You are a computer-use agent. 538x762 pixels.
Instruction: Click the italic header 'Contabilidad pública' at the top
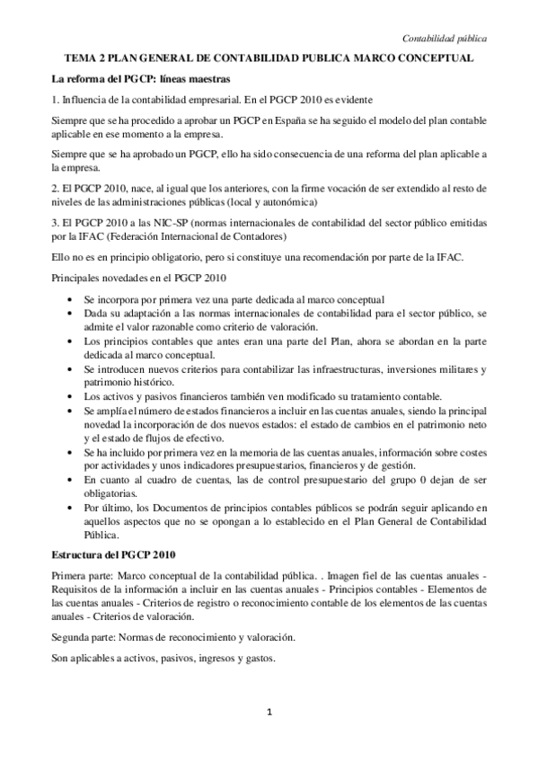pyautogui.click(x=445, y=39)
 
